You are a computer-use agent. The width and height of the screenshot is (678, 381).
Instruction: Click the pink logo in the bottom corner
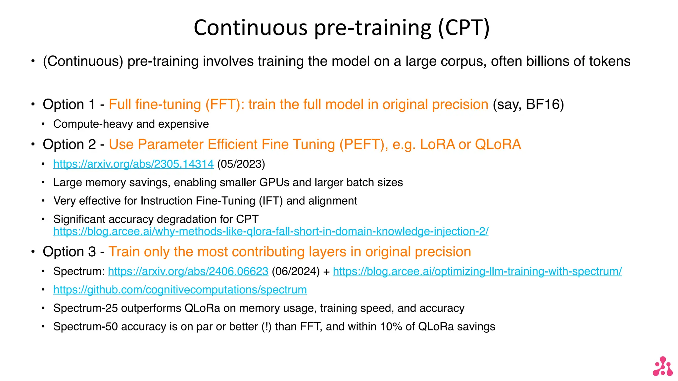pyautogui.click(x=662, y=366)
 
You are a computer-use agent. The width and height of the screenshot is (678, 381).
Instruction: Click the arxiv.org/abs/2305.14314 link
pyautogui.click(x=133, y=164)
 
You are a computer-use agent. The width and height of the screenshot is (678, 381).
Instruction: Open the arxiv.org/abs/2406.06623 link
pyautogui.click(x=188, y=271)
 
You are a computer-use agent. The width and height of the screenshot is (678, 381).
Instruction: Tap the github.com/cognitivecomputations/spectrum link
pyautogui.click(x=180, y=290)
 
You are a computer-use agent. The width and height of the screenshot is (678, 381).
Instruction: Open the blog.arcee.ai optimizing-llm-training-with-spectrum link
pyautogui.click(x=477, y=271)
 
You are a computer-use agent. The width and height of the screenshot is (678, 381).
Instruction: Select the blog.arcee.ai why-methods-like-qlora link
pyautogui.click(x=271, y=231)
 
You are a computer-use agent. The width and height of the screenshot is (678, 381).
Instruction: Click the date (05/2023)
pyautogui.click(x=241, y=164)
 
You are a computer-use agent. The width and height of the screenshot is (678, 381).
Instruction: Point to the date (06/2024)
pyautogui.click(x=296, y=271)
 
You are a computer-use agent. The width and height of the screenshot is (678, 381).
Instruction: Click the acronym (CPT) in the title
pyautogui.click(x=464, y=27)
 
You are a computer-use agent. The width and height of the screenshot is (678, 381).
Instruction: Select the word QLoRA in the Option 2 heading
pyautogui.click(x=498, y=145)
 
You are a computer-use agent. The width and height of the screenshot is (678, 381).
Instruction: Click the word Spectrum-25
pyautogui.click(x=85, y=308)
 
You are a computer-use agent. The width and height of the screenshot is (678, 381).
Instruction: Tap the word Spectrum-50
pyautogui.click(x=85, y=327)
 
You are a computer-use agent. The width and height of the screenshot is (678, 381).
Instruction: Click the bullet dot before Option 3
pyautogui.click(x=33, y=252)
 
